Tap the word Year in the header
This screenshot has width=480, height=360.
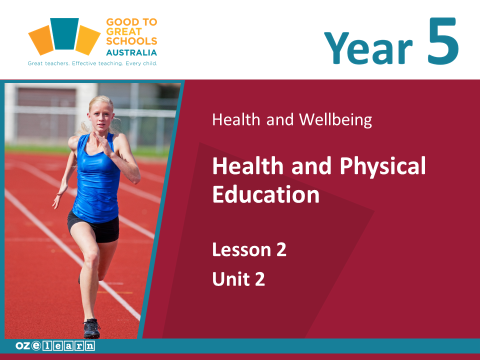pos(368,48)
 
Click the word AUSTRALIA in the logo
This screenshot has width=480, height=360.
pos(131,52)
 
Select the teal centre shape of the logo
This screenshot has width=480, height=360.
pos(64,33)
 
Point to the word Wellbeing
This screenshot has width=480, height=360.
pos(335,119)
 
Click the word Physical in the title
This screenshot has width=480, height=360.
pos(382,166)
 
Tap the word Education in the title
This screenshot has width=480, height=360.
pos(265,194)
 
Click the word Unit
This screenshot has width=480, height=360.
pos(231,279)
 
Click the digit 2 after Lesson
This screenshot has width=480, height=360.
pos(281,249)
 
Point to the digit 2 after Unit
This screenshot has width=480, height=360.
pos(259,279)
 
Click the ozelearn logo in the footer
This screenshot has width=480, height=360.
pos(55,345)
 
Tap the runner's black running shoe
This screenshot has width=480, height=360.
pos(92,328)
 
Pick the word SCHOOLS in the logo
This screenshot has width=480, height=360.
pos(131,41)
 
